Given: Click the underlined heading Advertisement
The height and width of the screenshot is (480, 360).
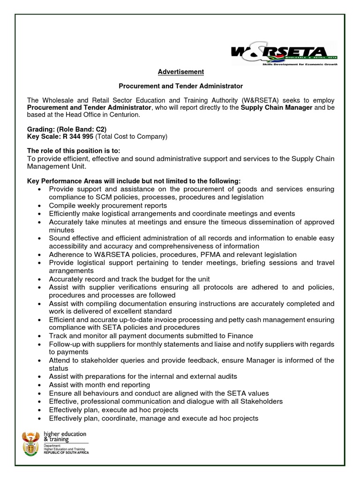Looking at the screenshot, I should pyautogui.click(x=180, y=72).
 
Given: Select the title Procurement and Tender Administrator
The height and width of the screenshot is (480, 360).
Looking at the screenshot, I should pyautogui.click(x=180, y=86).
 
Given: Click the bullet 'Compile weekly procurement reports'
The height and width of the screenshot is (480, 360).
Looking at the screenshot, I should pyautogui.click(x=108, y=205).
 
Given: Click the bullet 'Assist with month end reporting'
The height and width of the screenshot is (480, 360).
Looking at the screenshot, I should pyautogui.click(x=99, y=385).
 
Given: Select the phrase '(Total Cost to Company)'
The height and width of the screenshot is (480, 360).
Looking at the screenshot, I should pyautogui.click(x=131, y=136).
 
